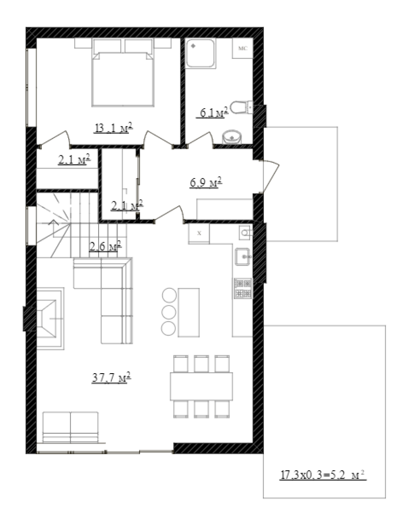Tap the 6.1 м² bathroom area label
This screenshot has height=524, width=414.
212,112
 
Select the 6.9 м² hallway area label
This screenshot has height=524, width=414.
206,182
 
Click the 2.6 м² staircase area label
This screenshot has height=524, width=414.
105,246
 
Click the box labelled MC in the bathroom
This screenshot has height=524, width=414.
243,48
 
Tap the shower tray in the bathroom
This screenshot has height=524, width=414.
200,53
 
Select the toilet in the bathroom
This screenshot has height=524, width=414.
241,107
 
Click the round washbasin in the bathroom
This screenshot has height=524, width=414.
232,138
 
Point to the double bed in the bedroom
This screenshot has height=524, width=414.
123,72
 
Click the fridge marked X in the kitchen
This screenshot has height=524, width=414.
199,233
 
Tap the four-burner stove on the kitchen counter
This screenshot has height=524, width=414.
243,288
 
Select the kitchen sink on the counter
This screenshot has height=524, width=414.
242,257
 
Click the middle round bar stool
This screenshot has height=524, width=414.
168,312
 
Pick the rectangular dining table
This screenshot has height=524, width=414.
201,386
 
